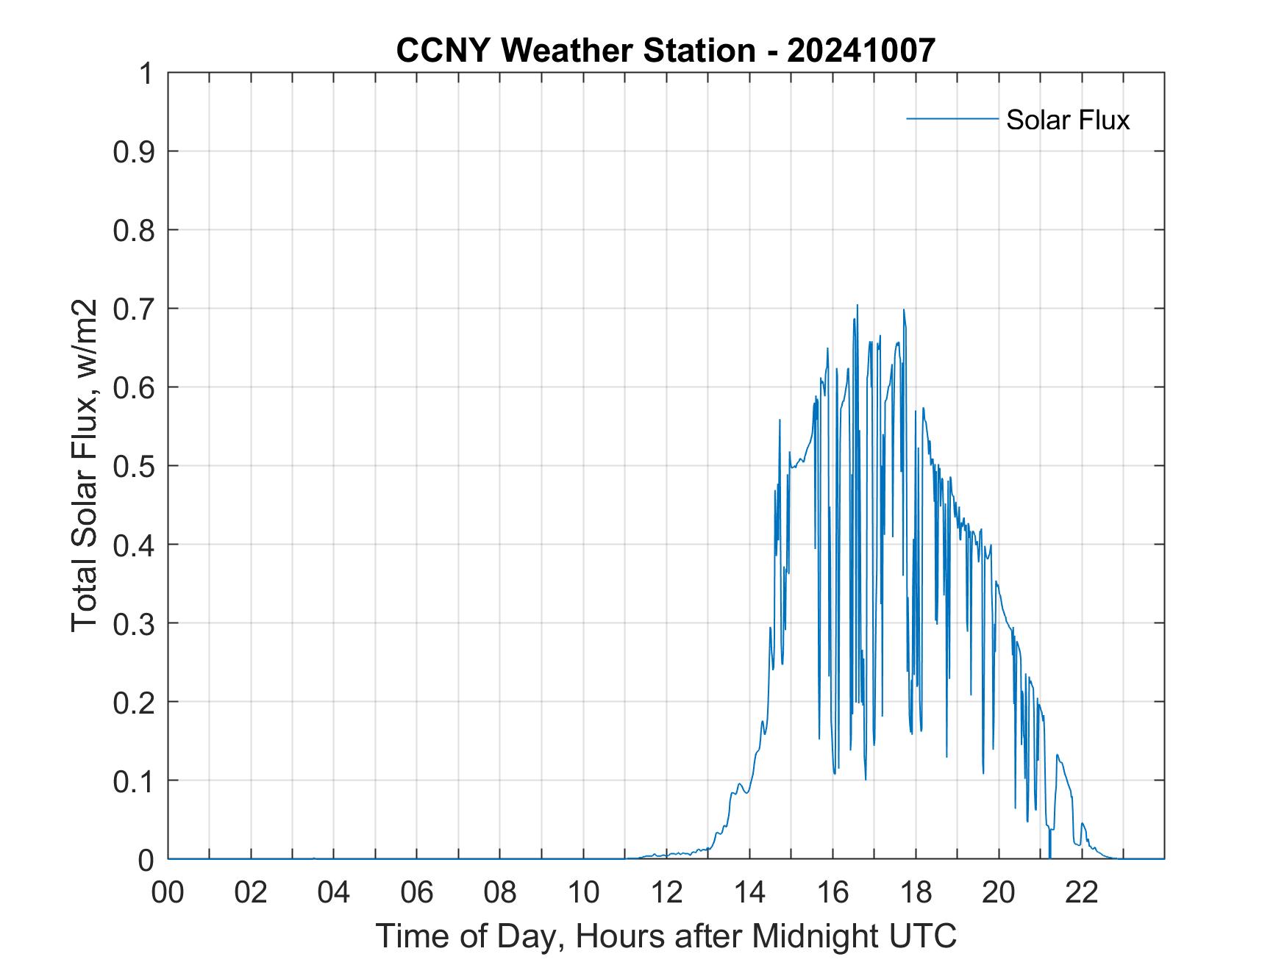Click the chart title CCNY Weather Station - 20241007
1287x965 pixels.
[666, 50]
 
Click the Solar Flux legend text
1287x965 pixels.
[1067, 120]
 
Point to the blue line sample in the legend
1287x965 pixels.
[952, 118]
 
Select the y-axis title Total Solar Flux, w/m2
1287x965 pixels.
[85, 465]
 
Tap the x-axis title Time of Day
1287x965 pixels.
[666, 936]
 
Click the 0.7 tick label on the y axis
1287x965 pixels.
[135, 309]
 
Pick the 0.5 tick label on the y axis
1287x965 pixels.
[135, 466]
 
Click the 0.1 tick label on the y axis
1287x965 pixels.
[135, 781]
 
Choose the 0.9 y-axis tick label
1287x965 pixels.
[135, 151]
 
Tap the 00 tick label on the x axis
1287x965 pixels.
[168, 892]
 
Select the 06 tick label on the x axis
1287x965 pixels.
[417, 892]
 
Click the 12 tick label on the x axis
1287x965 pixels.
[666, 892]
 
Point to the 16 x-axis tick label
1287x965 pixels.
[833, 892]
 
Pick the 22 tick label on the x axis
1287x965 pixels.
[1082, 892]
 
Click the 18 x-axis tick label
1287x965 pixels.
[916, 892]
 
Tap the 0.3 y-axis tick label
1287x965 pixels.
[135, 623]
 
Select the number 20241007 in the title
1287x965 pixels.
[861, 50]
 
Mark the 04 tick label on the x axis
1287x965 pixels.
[334, 892]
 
